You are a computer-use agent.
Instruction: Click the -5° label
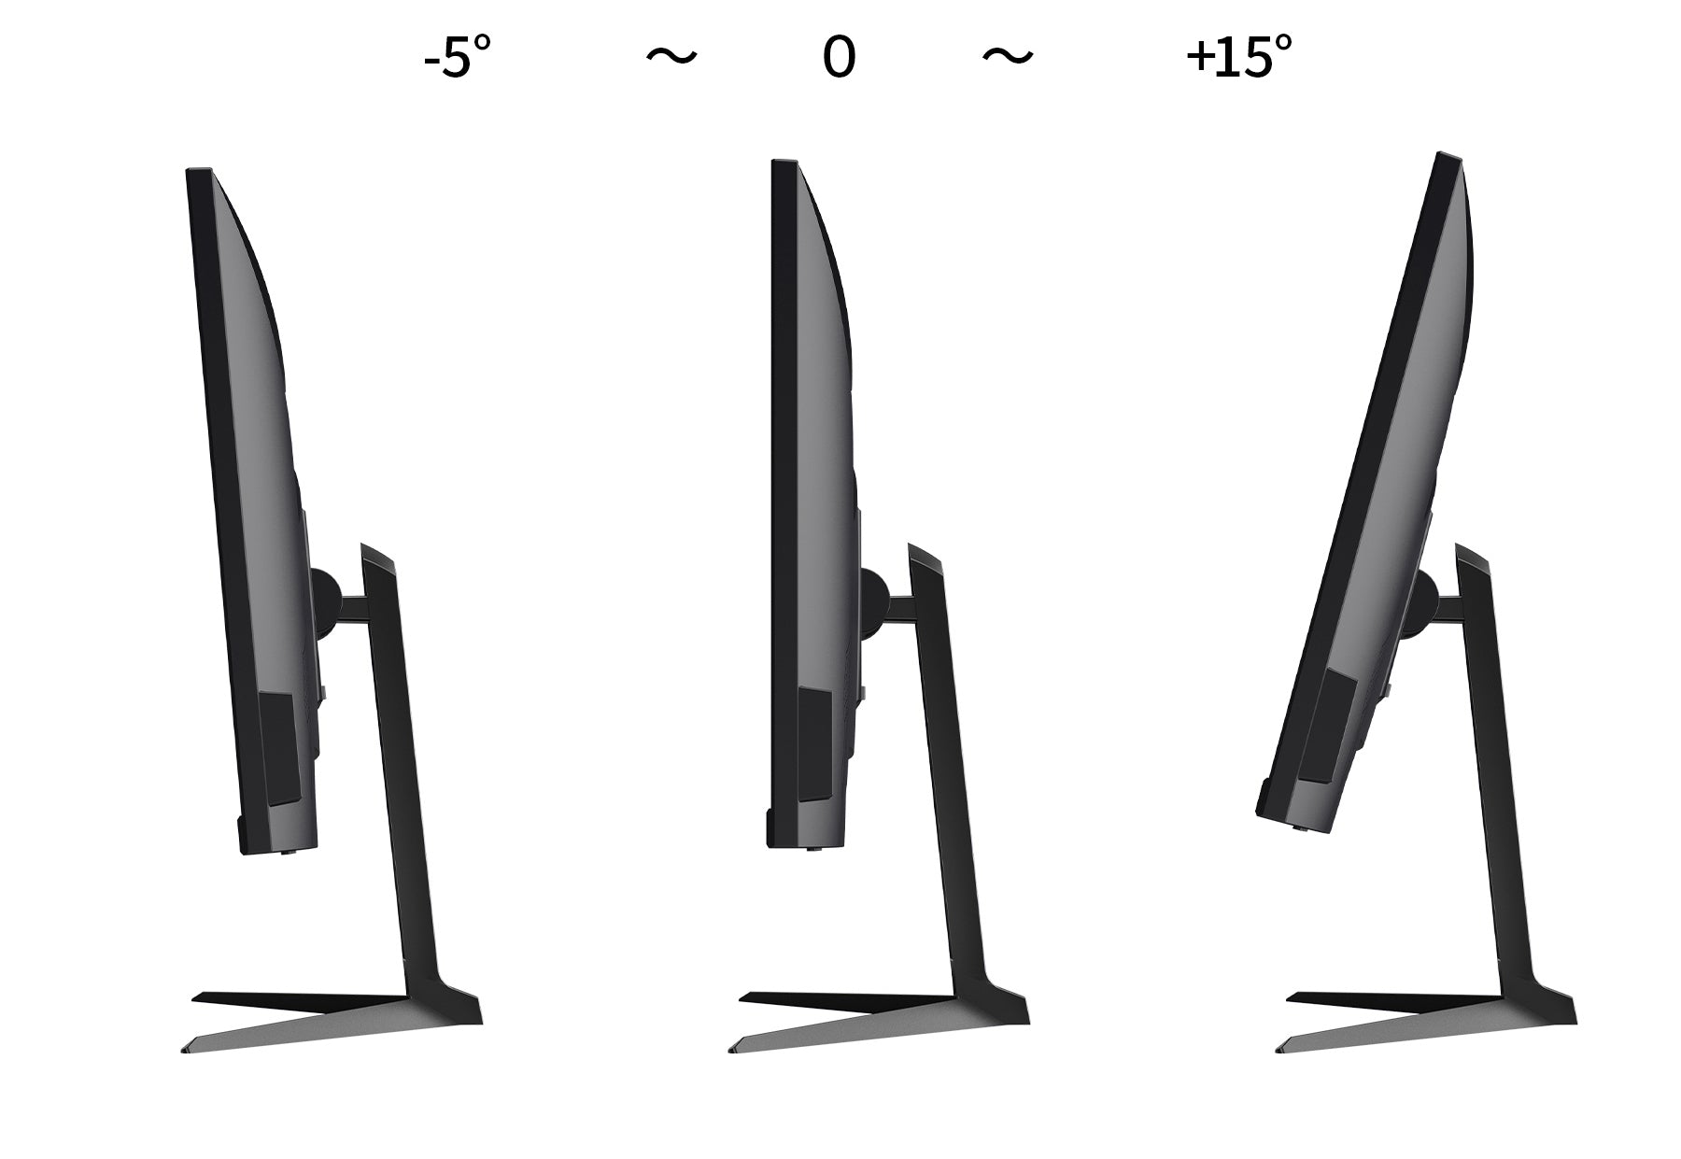click(x=457, y=57)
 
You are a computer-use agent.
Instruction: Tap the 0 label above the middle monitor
click(x=839, y=57)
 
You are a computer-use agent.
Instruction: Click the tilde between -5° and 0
click(x=671, y=57)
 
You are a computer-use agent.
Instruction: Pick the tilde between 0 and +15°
click(x=1008, y=57)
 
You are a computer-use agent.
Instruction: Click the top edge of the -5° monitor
click(x=199, y=170)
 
